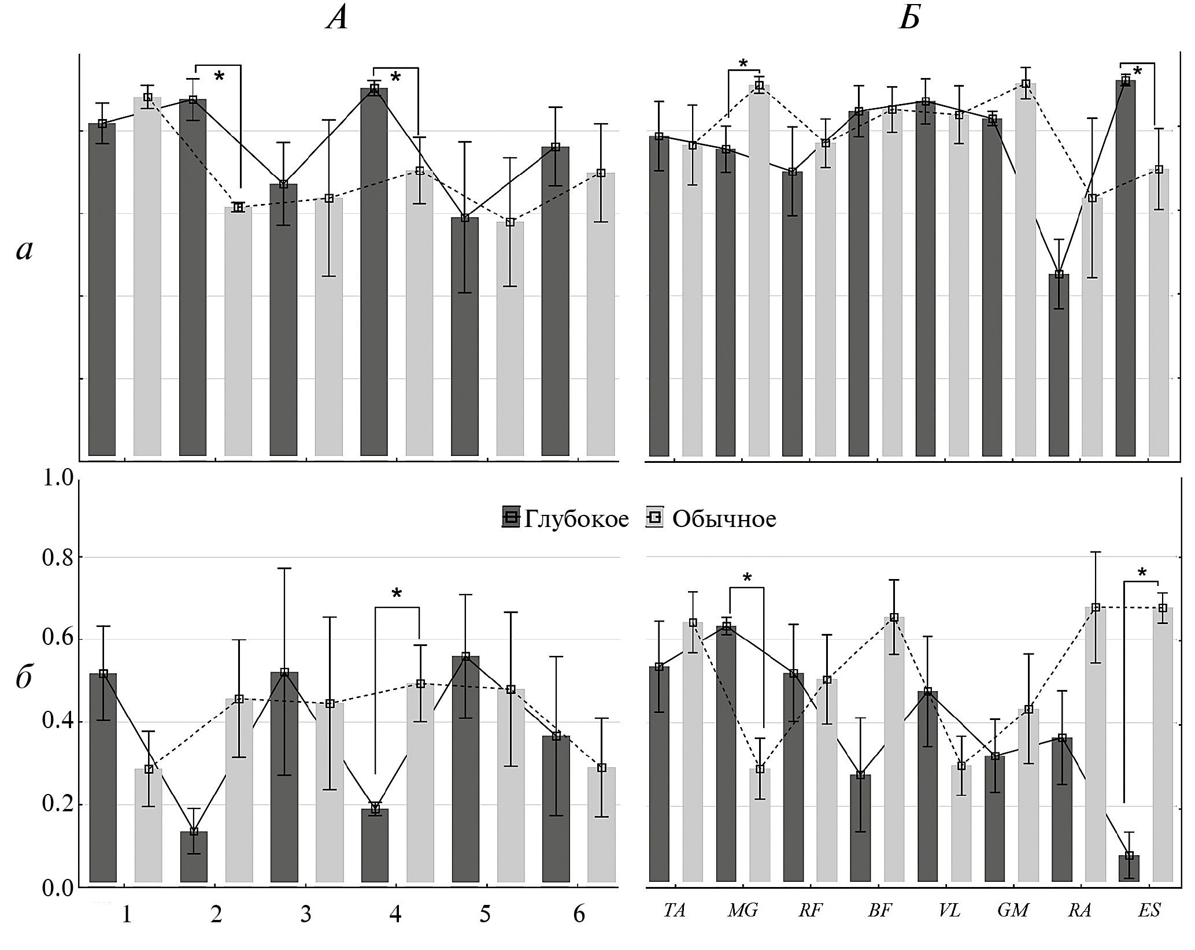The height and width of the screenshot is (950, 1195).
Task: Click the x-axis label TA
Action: pyautogui.click(x=674, y=911)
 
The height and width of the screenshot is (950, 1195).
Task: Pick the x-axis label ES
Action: pyautogui.click(x=1149, y=911)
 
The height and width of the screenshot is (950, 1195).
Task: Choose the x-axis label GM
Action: pyautogui.click(x=1013, y=911)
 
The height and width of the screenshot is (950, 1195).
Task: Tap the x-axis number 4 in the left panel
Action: pyautogui.click(x=395, y=915)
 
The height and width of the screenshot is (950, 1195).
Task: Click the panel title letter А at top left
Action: pyautogui.click(x=338, y=19)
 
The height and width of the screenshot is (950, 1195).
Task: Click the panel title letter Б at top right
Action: pyautogui.click(x=909, y=19)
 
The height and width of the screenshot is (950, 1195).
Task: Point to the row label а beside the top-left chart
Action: pyautogui.click(x=24, y=250)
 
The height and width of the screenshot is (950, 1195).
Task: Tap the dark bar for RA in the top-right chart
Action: pyautogui.click(x=1059, y=364)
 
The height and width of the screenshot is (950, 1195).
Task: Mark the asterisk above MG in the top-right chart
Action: pyautogui.click(x=743, y=64)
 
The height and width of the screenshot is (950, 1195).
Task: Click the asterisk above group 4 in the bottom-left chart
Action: pyautogui.click(x=397, y=594)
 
